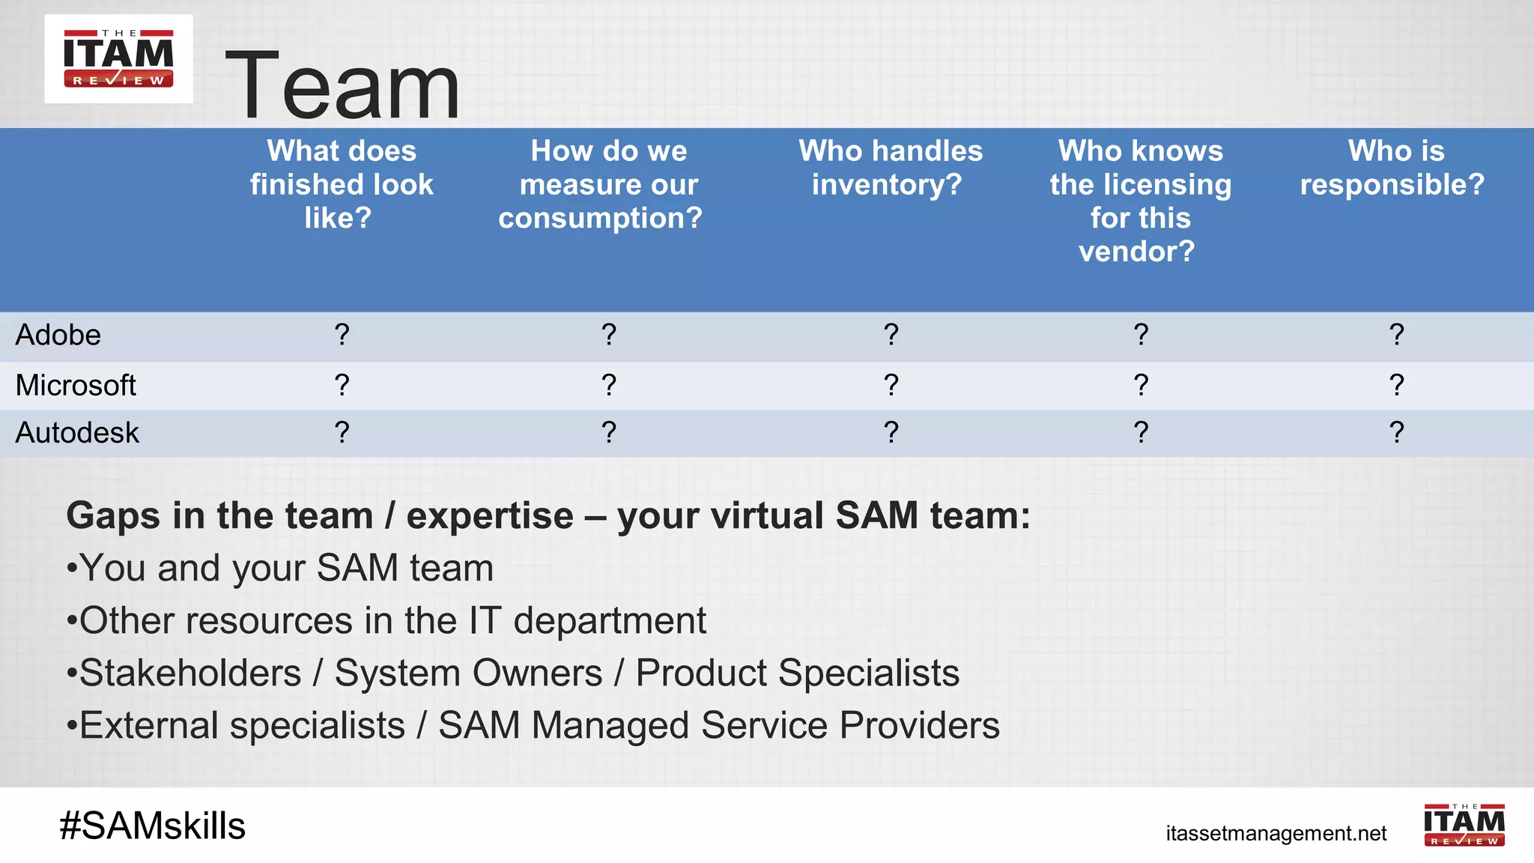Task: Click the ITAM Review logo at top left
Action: [x=118, y=58]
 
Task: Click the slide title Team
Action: [x=342, y=85]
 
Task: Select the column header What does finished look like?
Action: [x=342, y=184]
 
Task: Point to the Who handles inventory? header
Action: [x=890, y=168]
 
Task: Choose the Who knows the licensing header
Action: [x=1140, y=201]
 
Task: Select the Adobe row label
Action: [x=58, y=335]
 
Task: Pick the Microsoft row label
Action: [x=76, y=385]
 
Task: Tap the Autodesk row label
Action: [x=77, y=433]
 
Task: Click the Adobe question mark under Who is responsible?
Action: [x=1396, y=334]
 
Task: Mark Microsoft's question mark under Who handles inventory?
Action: [x=891, y=384]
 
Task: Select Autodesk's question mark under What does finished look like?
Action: [x=342, y=432]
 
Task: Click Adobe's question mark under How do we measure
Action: [x=609, y=334]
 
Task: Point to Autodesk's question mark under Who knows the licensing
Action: [x=1141, y=432]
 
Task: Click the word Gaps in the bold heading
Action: [x=113, y=517]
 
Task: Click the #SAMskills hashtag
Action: [x=153, y=826]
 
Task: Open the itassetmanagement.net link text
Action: [x=1276, y=833]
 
